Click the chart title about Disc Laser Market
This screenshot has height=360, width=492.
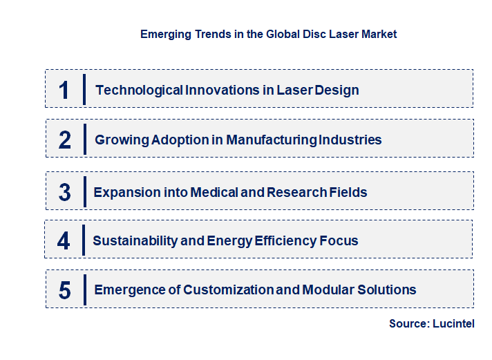268,34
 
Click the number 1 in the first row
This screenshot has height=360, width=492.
64,90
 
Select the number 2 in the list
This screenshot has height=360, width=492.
65,140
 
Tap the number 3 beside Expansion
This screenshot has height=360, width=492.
64,192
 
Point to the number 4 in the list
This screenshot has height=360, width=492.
64,240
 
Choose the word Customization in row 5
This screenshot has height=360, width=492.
227,290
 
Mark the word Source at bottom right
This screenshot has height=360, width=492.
408,323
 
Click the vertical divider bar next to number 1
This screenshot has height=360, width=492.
84,89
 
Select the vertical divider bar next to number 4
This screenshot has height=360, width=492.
84,240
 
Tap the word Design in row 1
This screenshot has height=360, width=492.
338,90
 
